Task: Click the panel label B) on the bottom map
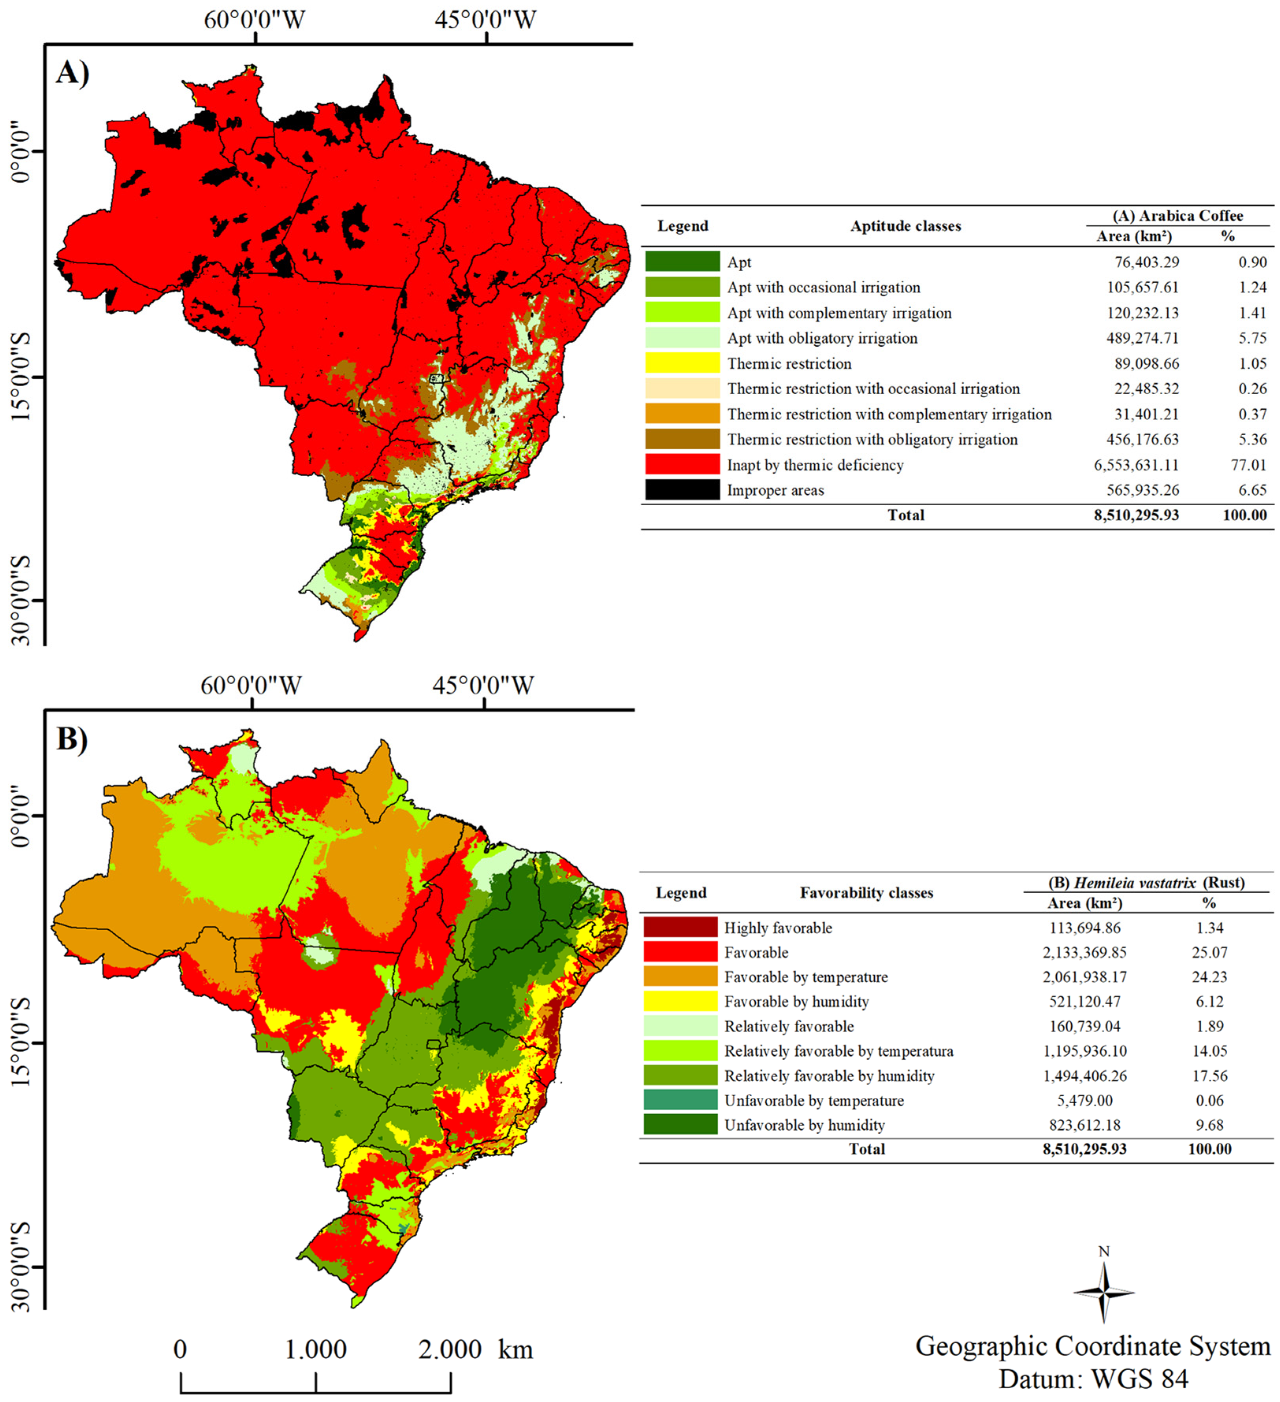tap(72, 739)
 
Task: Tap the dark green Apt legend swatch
tap(682, 261)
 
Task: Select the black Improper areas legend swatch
tap(682, 490)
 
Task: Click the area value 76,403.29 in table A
tap(1143, 262)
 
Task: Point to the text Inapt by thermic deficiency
tap(815, 465)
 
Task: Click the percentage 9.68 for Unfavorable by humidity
tap(1209, 1125)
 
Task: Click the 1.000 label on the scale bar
tap(316, 1350)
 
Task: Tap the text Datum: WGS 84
tap(1093, 1378)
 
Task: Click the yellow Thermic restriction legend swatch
tap(682, 363)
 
